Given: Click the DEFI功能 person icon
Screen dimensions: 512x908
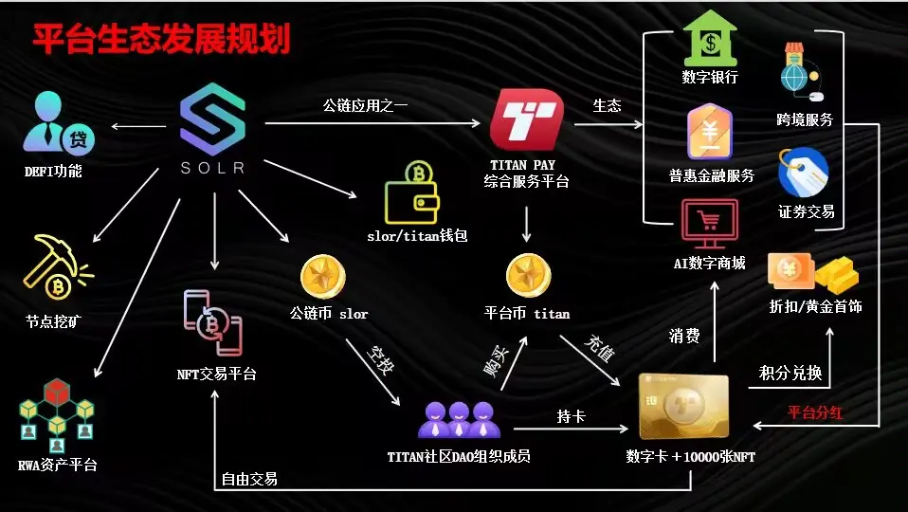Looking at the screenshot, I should [x=57, y=127].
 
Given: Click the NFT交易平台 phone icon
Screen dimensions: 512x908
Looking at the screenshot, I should [x=214, y=323].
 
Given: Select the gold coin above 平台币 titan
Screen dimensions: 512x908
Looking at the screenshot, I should [x=528, y=276].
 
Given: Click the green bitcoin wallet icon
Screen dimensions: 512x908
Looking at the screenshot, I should [x=411, y=192].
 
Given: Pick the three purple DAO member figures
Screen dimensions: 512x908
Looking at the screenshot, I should [x=459, y=418].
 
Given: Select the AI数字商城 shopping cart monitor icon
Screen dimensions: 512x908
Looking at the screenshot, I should [x=709, y=225].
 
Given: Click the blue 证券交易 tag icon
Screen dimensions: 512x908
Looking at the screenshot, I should [x=804, y=173].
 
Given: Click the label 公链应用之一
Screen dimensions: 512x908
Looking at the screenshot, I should [x=365, y=105].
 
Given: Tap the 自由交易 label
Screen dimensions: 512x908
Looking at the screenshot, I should [x=249, y=479].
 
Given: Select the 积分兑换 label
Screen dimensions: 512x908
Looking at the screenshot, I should [x=790, y=373].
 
